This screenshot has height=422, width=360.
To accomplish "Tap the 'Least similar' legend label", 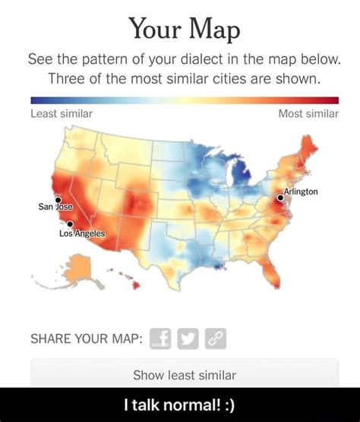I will click(62, 113).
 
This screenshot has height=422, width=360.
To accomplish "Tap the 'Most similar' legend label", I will click(308, 113).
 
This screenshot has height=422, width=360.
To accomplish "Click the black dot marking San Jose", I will click(58, 200).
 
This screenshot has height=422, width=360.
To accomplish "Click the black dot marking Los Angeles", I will click(70, 224).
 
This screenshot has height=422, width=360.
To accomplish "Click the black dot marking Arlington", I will click(280, 197).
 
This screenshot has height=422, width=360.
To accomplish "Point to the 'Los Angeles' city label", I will click(75, 233).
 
